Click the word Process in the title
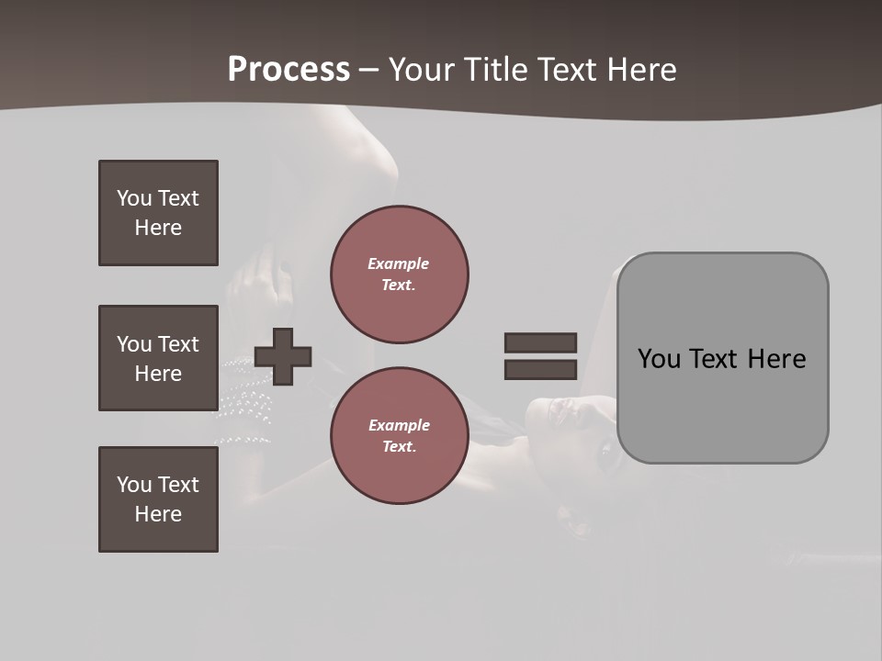click(288, 70)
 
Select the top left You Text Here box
click(158, 213)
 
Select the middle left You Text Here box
click(158, 358)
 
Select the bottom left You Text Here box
click(158, 499)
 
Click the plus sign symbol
click(283, 356)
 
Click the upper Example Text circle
click(400, 274)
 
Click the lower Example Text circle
click(400, 435)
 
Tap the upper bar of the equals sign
click(540, 342)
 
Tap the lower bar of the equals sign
click(540, 370)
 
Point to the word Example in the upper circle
click(398, 263)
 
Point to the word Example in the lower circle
click(399, 425)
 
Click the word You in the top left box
click(134, 198)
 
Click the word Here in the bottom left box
click(158, 514)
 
